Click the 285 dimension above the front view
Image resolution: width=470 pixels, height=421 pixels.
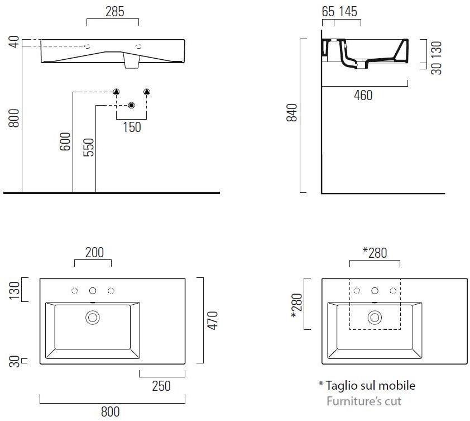(115, 12)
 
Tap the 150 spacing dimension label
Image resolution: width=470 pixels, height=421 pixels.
(132, 127)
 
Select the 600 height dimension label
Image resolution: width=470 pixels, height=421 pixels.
(65, 141)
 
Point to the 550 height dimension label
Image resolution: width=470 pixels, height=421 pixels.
(88, 147)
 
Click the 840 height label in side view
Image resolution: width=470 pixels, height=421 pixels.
(291, 112)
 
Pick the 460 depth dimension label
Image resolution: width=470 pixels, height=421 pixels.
(363, 95)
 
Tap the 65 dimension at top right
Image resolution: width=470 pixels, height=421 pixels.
(328, 12)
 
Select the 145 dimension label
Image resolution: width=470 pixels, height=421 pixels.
(348, 12)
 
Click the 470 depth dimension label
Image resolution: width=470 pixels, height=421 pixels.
(213, 321)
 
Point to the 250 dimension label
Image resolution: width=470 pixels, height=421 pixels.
(161, 386)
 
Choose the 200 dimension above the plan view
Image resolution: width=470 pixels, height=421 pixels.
(94, 253)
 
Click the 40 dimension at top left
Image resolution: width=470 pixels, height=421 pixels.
(14, 42)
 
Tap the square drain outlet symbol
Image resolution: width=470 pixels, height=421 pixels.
(131, 106)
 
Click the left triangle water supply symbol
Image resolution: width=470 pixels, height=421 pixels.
(116, 92)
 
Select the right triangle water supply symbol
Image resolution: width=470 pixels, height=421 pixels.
(147, 92)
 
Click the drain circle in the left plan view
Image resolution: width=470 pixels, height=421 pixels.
(92, 318)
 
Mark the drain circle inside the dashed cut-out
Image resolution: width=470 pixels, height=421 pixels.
(375, 318)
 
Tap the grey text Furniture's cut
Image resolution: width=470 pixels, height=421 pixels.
(363, 401)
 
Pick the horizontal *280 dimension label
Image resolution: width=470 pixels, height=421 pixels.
(375, 253)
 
